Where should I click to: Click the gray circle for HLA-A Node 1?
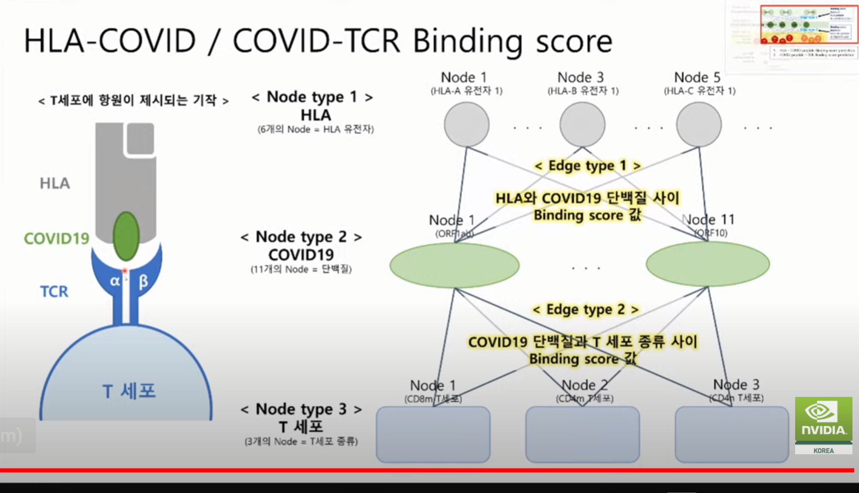click(466, 124)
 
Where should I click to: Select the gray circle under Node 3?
click(582, 124)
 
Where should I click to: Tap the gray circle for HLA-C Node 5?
click(699, 124)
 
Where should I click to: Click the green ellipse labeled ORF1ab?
click(454, 265)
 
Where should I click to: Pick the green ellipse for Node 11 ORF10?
click(707, 264)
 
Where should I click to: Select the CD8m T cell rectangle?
click(433, 435)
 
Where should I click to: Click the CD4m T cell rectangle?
click(582, 435)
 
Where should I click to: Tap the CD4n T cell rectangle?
click(731, 435)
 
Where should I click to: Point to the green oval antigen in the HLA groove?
click(126, 236)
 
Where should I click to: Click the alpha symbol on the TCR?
click(115, 281)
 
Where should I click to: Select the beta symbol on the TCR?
click(143, 282)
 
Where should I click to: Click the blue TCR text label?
click(54, 292)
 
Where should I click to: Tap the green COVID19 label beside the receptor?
click(56, 239)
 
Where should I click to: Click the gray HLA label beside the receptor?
click(55, 183)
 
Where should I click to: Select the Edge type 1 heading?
click(587, 165)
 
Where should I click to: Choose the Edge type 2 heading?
click(585, 310)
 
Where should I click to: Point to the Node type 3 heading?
click(301, 409)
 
